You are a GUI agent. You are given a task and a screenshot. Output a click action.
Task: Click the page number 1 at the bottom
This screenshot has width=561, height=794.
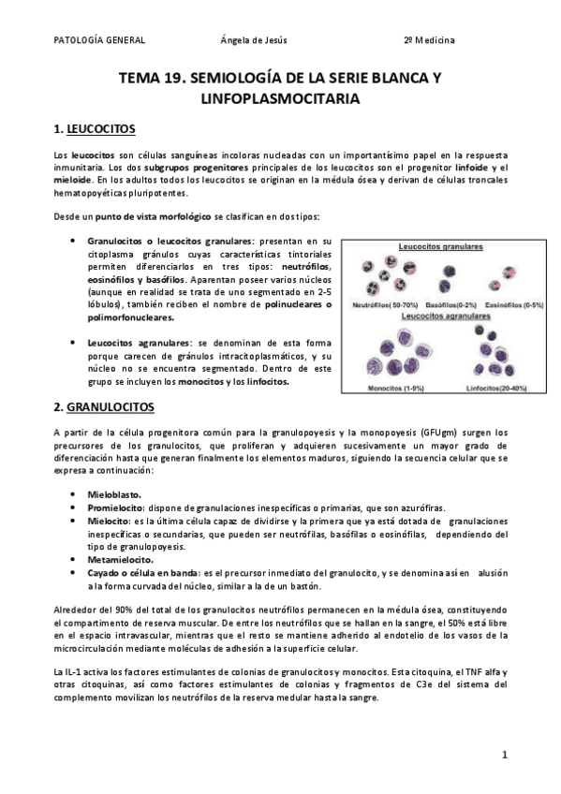click(504, 755)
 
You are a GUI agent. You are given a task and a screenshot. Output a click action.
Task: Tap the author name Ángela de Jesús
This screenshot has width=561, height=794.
click(253, 40)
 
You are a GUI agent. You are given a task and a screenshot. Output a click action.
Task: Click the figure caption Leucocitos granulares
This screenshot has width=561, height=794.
click(440, 246)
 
